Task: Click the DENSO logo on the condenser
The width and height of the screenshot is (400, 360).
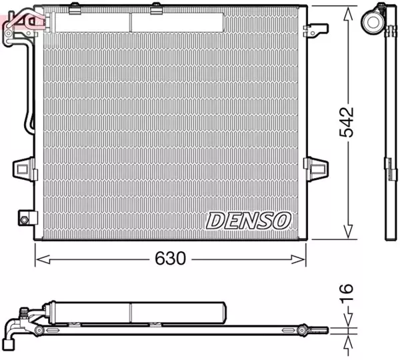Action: pos(248,219)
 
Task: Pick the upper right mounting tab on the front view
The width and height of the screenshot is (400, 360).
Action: pos(315,30)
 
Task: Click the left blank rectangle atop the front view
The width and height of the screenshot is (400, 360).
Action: pos(91,22)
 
